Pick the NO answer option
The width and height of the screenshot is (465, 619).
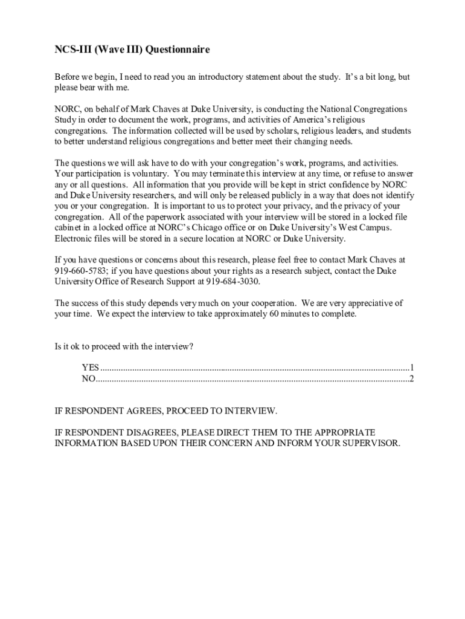(88, 379)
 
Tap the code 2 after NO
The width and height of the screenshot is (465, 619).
(411, 379)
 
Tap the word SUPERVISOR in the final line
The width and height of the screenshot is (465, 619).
(366, 443)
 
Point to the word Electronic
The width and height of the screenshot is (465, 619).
(74, 238)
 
